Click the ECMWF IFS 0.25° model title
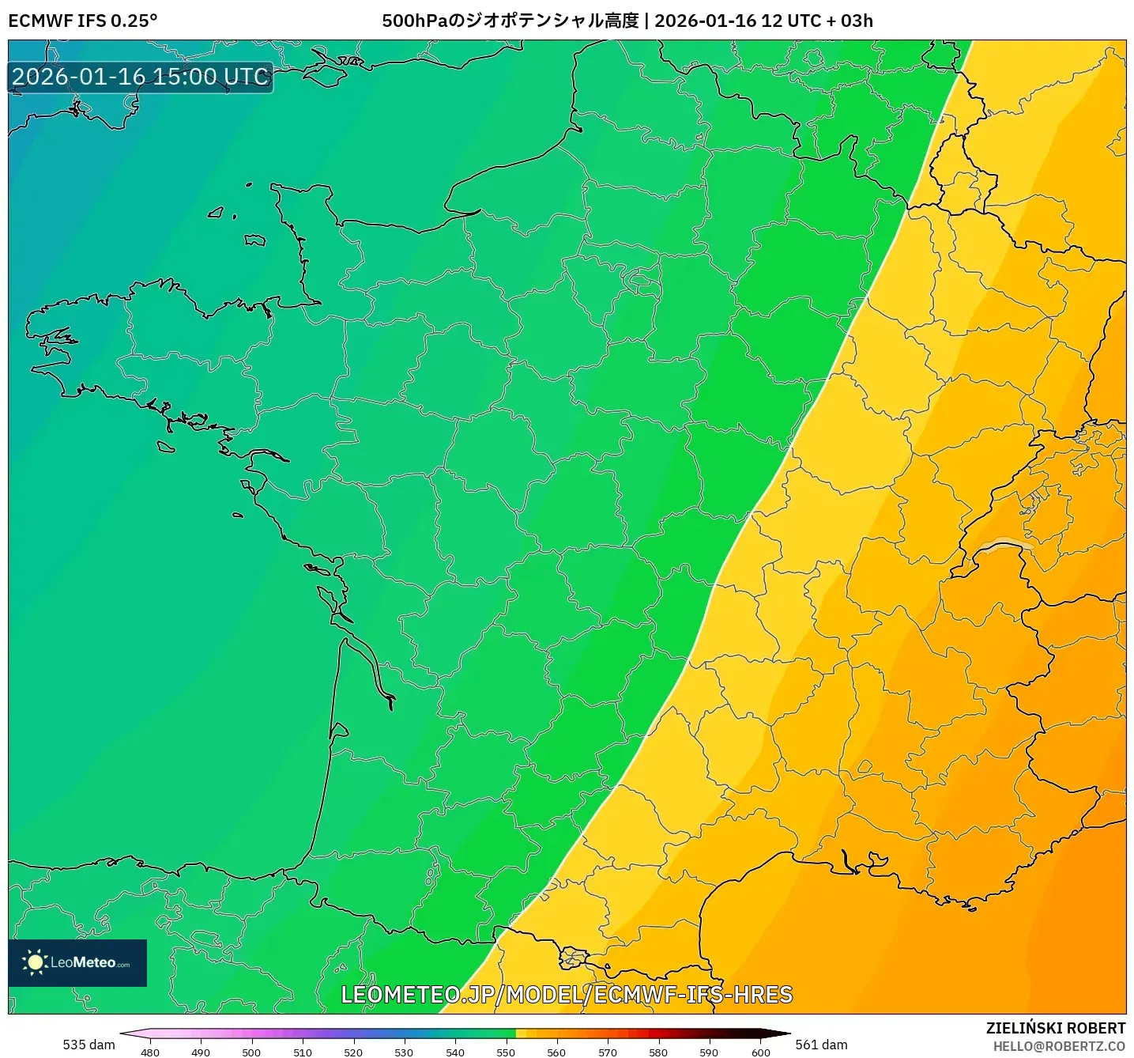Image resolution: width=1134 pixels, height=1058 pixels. pos(83,21)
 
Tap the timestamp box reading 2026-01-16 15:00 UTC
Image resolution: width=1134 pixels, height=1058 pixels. pos(141,77)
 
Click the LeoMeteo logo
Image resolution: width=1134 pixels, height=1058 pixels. pos(77,962)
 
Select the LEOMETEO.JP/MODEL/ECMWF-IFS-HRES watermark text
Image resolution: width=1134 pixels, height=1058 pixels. pos(566,995)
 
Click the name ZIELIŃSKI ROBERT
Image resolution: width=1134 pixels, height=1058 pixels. pos(1055,1028)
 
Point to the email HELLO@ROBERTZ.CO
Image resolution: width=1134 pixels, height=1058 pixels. pos(1058,1046)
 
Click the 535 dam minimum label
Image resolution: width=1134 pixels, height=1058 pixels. pos(89,1045)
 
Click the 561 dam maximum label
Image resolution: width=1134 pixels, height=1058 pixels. pos(821,1045)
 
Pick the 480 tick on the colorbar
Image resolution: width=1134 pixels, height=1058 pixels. pos(149,1052)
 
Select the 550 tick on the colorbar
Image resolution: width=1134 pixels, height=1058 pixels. pos(506,1052)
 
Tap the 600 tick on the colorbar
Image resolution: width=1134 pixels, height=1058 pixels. pos(760,1052)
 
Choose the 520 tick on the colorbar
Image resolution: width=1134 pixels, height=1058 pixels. pos(353,1052)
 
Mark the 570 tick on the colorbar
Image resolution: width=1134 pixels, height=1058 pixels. pos(608,1052)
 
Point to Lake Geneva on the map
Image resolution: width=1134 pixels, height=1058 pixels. pos(1004,544)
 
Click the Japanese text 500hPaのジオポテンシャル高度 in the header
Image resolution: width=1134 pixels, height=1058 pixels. pos(510,21)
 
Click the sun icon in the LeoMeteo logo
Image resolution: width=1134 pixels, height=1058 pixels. pos(35,962)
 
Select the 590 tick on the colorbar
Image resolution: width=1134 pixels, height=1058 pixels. pos(709,1052)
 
